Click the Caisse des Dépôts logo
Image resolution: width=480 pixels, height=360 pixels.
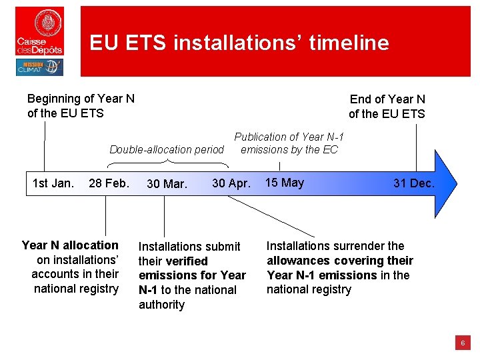pos(40,31)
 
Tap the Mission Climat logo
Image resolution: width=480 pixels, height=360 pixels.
pos(39,67)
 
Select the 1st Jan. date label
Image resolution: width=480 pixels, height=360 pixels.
pos(53,183)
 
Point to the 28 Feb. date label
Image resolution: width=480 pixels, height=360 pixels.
pos(109,183)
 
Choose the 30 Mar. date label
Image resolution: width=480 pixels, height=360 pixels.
pos(167,184)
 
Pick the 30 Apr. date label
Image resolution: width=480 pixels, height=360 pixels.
pos(231,183)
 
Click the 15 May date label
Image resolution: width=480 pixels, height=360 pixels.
pos(284,183)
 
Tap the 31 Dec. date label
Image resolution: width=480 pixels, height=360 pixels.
pos(413,183)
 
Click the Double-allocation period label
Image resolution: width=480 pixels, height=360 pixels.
pos(167,149)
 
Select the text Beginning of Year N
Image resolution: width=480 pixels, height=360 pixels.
pos(81,99)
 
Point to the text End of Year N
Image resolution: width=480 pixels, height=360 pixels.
pos(387,99)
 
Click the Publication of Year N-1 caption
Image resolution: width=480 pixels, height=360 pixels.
pos(289,137)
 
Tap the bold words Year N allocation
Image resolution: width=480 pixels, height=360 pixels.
pos(70,245)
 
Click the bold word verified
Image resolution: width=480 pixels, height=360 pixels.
pos(187,261)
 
